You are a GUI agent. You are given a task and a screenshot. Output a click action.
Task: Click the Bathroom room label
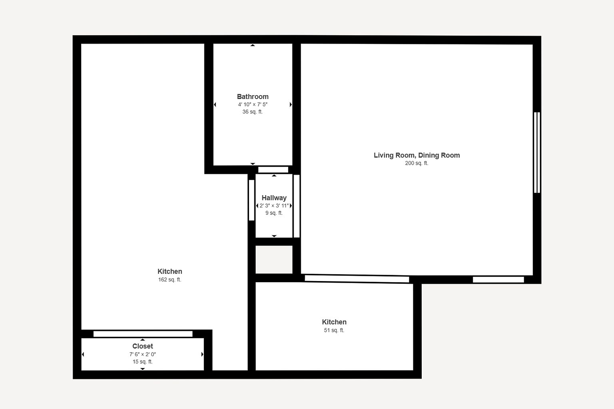(x=253, y=96)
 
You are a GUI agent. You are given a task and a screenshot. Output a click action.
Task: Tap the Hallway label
(x=274, y=198)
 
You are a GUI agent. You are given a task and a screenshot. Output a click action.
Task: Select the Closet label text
(x=143, y=346)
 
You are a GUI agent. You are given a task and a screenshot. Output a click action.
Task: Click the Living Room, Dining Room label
(x=417, y=155)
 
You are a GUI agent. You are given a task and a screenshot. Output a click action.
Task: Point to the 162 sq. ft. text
(x=169, y=279)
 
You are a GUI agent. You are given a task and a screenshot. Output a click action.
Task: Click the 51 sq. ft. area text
(x=334, y=330)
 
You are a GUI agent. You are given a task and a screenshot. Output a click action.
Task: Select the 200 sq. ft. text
(x=417, y=163)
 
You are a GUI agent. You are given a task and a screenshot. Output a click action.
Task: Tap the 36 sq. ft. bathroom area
(x=252, y=112)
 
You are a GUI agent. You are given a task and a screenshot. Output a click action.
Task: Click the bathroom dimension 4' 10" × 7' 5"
(x=253, y=104)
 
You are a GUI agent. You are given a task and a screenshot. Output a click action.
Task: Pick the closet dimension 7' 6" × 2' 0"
(x=143, y=354)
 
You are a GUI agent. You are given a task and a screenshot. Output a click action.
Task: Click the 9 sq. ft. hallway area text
(x=274, y=213)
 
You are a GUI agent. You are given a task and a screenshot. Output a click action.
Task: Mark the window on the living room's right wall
(x=537, y=152)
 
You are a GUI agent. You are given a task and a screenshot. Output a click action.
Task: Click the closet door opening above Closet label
(x=143, y=334)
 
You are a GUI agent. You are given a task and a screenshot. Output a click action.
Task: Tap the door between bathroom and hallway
(x=273, y=170)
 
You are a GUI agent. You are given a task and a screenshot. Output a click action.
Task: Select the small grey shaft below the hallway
(x=274, y=259)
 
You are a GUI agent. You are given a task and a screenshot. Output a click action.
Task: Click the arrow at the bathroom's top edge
(x=253, y=45)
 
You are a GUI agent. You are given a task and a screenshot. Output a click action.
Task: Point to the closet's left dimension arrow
(x=83, y=354)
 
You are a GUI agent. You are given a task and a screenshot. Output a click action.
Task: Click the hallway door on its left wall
(x=251, y=200)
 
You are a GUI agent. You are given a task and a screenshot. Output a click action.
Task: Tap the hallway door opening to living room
(x=297, y=206)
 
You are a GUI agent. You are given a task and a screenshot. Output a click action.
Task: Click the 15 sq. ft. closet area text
(x=143, y=361)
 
